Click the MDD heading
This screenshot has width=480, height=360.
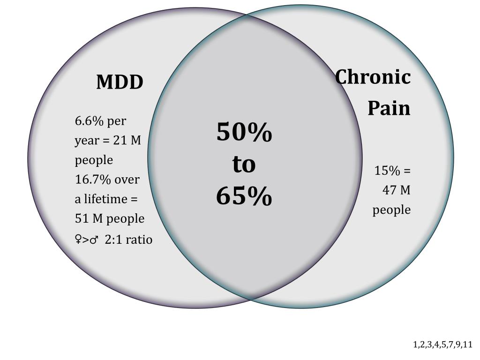click(x=120, y=82)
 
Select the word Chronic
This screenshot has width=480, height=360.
click(x=373, y=77)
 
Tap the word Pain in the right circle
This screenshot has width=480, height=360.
click(x=389, y=108)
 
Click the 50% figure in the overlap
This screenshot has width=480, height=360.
click(x=244, y=133)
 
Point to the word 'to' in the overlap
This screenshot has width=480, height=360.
click(x=244, y=165)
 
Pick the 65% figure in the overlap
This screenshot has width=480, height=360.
click(x=244, y=196)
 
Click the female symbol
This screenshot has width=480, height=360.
click(x=78, y=240)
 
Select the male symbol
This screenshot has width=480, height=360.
click(x=94, y=240)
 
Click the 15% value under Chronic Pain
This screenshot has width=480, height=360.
click(x=387, y=171)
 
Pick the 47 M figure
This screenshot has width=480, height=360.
click(x=397, y=190)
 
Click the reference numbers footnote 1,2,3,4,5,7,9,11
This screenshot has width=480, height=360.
click(x=442, y=345)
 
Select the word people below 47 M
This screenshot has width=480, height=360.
click(x=391, y=210)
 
